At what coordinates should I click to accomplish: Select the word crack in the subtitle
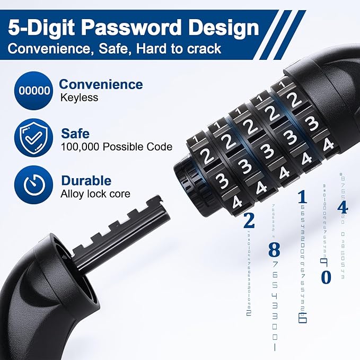pos(202,49)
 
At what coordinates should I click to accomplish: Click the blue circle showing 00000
pos(34,90)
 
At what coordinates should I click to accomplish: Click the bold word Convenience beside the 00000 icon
pos(101,84)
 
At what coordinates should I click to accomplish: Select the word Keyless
pos(80,98)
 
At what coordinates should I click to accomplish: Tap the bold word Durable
pos(86,181)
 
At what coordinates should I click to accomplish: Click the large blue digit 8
pos(274,249)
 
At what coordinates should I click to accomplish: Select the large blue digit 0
pos(326,277)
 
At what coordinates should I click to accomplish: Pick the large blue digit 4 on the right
pos(343,207)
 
